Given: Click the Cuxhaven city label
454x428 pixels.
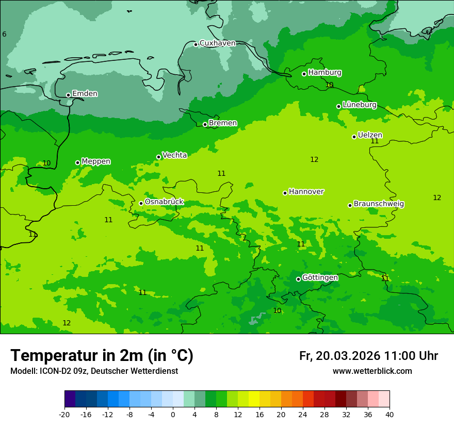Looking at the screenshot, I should pos(217,43).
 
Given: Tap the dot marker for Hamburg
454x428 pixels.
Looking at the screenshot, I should pos(304,74).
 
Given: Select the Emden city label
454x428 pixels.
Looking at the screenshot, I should pos(85,94).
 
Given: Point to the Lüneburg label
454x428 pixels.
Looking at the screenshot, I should pos(359,105).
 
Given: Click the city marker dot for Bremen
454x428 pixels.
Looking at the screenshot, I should pos(205,124).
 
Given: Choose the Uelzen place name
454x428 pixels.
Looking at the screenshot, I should pos(370,135).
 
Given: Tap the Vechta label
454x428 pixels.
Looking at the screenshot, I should pos(174,155).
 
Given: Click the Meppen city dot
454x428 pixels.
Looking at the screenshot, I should pos(78,162).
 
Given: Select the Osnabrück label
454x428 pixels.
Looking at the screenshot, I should pos(164,202).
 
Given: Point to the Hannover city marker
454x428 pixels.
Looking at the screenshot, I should pos(285,193).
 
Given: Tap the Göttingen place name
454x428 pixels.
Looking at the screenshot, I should pos(320,277).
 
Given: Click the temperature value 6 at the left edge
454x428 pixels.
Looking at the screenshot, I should pos(4,34).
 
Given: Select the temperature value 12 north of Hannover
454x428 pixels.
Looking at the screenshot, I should pos(314,159).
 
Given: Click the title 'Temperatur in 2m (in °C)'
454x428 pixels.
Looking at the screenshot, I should pos(102,356).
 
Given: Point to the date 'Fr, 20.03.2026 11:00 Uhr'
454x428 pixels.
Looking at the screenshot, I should pos(368,356).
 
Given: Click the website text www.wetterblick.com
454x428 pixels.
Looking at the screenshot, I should pos(372,371).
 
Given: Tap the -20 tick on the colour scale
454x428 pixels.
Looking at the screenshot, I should pos(64,414).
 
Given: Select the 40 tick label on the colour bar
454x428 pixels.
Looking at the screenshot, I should pos(390,414).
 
